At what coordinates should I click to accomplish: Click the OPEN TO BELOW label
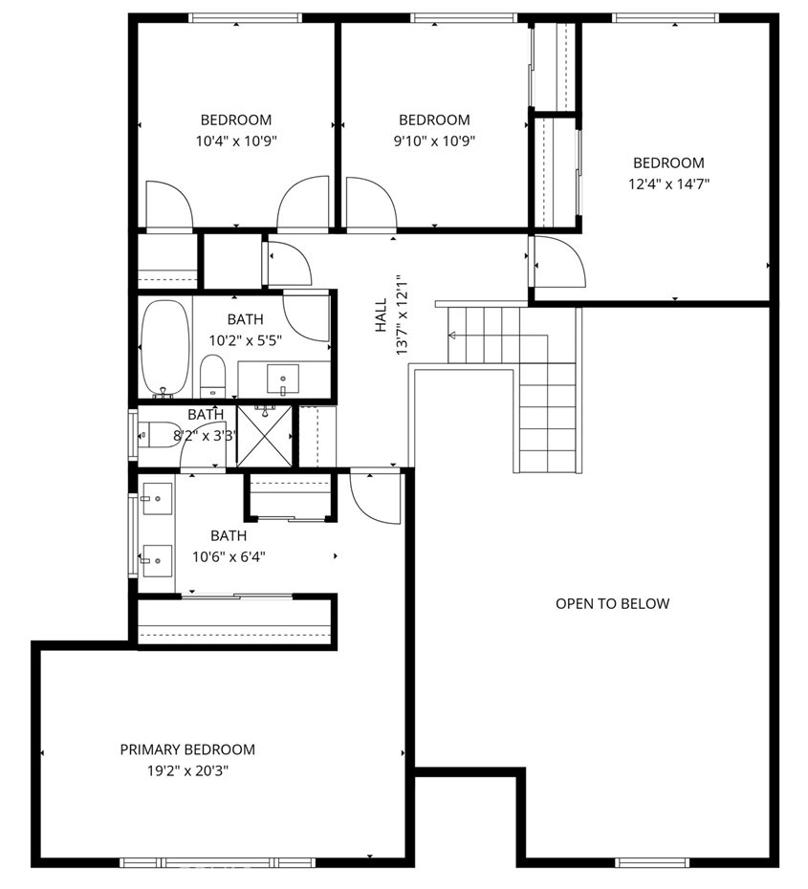point(612,604)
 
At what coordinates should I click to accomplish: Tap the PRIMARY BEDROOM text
point(187,749)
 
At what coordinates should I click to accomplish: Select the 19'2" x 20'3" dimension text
point(187,771)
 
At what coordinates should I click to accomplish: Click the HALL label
point(381,315)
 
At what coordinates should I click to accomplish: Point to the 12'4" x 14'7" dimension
point(669,184)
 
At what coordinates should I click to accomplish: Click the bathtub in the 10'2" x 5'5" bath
point(165,348)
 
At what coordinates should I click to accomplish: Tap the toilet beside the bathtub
point(212,376)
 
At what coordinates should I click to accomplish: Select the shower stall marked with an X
point(265,436)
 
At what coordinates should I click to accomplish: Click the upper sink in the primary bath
point(157,499)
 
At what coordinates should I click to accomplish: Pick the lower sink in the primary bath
point(157,561)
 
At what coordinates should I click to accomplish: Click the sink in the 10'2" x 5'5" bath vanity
point(282,379)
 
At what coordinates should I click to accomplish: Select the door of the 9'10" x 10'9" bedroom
point(371,203)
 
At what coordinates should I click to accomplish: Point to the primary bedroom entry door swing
point(376,498)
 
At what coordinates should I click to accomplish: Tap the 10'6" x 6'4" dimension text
point(229,557)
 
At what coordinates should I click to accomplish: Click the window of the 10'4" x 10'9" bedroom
point(245,18)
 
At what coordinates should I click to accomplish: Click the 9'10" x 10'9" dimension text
point(434,141)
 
